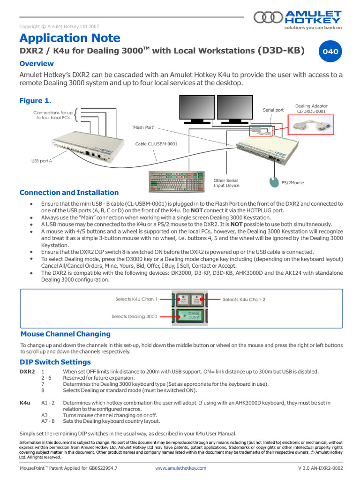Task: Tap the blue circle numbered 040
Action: coord(330,52)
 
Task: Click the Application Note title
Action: coord(69,38)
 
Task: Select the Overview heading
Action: coord(36,63)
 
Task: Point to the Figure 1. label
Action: coord(35,101)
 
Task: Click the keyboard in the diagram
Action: coord(177,180)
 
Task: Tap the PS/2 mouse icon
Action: coord(273,181)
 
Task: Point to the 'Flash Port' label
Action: coord(143,127)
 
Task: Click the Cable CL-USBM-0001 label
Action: coord(156,144)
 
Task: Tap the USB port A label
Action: coord(42,161)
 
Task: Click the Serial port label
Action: coord(273,110)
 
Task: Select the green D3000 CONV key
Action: coord(194,315)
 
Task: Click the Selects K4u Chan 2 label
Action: coord(244,300)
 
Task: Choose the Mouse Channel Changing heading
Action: coord(66,334)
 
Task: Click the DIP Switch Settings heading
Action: coord(55,362)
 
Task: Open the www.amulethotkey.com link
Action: coord(180,468)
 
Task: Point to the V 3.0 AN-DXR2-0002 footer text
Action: coord(320,468)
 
